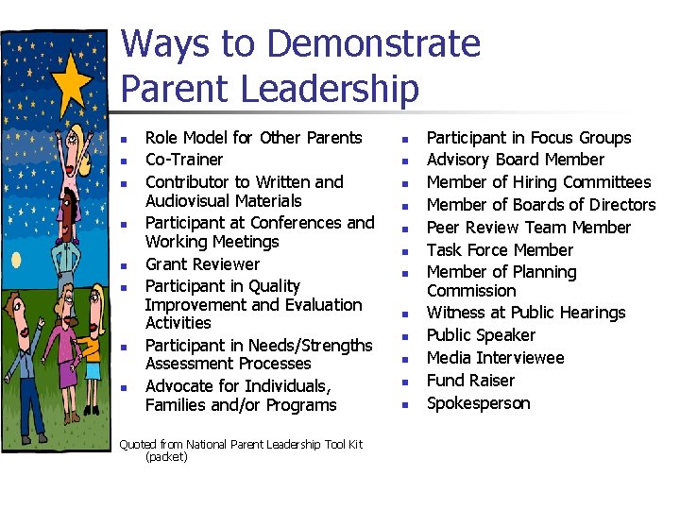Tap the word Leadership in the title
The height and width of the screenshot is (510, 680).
point(330,89)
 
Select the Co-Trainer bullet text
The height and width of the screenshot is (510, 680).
point(184,160)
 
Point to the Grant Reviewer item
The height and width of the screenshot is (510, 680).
point(202,264)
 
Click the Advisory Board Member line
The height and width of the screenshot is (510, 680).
point(515,160)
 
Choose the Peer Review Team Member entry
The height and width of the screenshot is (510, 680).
point(528,228)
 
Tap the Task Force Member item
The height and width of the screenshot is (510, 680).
point(500,250)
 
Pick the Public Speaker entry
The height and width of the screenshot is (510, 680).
point(481,335)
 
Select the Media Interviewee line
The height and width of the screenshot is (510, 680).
point(495,358)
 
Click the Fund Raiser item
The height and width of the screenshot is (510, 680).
point(470,381)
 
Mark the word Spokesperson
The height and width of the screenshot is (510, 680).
point(478,403)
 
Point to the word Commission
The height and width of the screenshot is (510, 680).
point(471,291)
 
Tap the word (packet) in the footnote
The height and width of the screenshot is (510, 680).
point(166,456)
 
